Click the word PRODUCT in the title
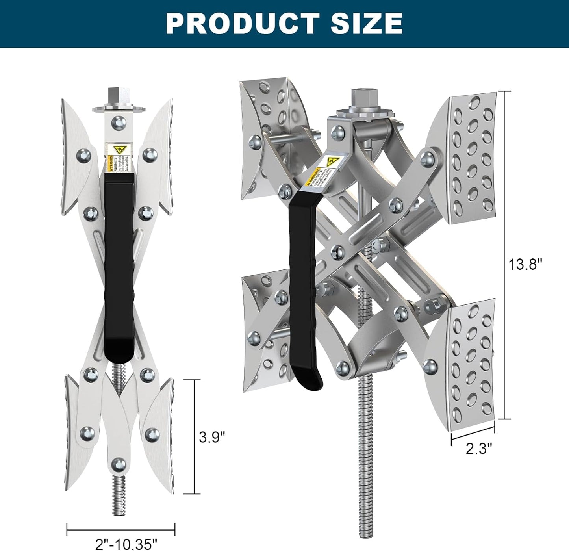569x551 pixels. coord(242,23)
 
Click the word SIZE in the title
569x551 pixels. coord(366,23)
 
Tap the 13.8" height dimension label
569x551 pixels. coord(525,264)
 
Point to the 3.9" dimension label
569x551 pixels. coord(212,437)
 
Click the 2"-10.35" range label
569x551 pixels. coord(126,544)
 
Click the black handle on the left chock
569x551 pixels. coord(119,268)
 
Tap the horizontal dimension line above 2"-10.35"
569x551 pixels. coord(121,529)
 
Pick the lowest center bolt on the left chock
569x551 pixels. coord(118,465)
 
